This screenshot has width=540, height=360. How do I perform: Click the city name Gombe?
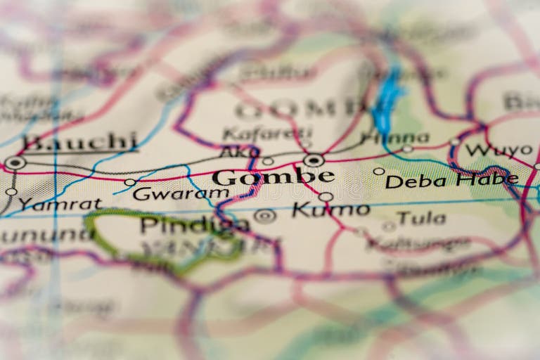tap(273, 176)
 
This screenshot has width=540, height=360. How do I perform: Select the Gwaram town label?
tap(171, 193)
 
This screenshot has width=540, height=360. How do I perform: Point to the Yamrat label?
tap(60, 204)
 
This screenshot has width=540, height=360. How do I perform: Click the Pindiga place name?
tap(194, 224)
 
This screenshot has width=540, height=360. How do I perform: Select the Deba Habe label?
tap(451, 181)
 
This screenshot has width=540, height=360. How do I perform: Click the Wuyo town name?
tap(499, 150)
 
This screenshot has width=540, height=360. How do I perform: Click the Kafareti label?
tap(267, 133)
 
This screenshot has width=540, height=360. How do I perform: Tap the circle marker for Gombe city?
tap(314, 160)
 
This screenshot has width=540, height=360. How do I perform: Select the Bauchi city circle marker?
tap(15, 163)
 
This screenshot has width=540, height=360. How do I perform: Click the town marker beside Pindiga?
tap(265, 216)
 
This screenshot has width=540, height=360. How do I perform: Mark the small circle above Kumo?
tap(326, 197)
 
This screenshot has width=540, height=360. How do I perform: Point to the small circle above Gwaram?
tap(130, 182)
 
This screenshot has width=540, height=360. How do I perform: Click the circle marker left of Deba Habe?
tap(379, 171)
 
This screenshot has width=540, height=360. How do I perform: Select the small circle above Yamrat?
tap(11, 191)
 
